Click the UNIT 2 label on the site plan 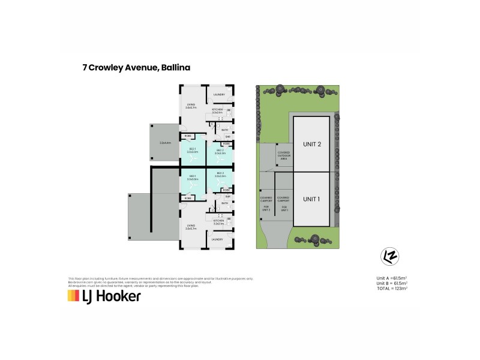[x=312, y=144]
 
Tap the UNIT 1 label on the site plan [x=312, y=199]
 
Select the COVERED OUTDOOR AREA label [x=284, y=156]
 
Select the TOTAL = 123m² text [x=392, y=289]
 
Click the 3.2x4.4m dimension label [x=166, y=143]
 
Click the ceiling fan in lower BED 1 [x=193, y=184]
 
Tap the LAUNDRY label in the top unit [x=219, y=95]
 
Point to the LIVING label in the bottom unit [x=191, y=227]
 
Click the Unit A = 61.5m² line [x=392, y=278]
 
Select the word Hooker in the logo [x=119, y=296]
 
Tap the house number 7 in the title [x=85, y=68]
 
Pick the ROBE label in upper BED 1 [x=188, y=136]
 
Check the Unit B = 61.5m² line [x=392, y=284]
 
